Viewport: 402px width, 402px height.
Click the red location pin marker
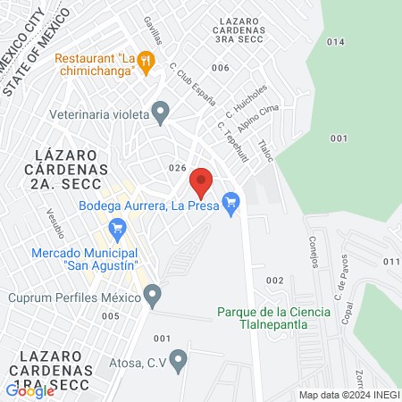coord(201,182)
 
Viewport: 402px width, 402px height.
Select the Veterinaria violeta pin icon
coord(161,113)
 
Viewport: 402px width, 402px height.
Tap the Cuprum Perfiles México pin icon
coord(153,294)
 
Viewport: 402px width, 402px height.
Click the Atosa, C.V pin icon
coord(179,361)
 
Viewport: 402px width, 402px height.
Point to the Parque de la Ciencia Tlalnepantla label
coord(273,318)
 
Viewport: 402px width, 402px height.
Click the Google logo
coord(30,389)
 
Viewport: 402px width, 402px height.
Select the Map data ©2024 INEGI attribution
coord(348,395)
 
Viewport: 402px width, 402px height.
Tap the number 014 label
coord(335,42)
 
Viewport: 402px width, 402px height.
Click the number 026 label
coord(177,168)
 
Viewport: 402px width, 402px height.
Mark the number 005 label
coord(111,315)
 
